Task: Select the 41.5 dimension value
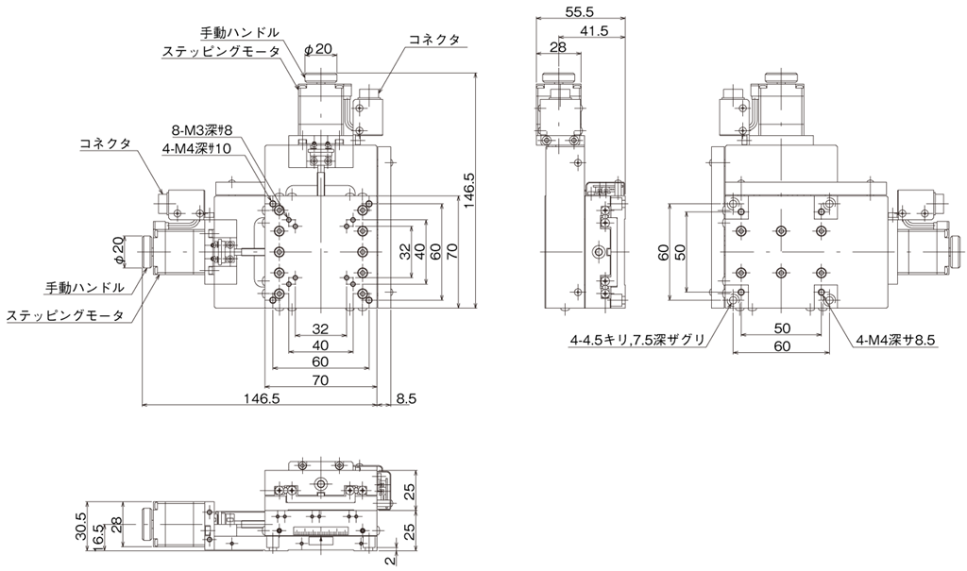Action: tap(594, 30)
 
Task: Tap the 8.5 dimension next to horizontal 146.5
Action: tap(406, 398)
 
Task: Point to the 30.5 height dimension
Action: tap(81, 526)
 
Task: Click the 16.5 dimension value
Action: tap(98, 533)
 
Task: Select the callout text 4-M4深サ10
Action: tap(196, 148)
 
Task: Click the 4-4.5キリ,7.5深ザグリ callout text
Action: tap(637, 339)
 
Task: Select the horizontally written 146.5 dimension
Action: tap(262, 398)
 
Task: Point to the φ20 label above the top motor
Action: tap(318, 49)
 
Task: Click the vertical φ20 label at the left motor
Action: tap(120, 252)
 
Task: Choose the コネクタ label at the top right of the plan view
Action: tap(434, 39)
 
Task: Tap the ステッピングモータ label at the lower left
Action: tap(65, 315)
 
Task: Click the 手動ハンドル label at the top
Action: tap(240, 31)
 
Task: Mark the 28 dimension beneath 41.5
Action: tap(557, 48)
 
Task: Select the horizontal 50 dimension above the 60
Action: tap(781, 327)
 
